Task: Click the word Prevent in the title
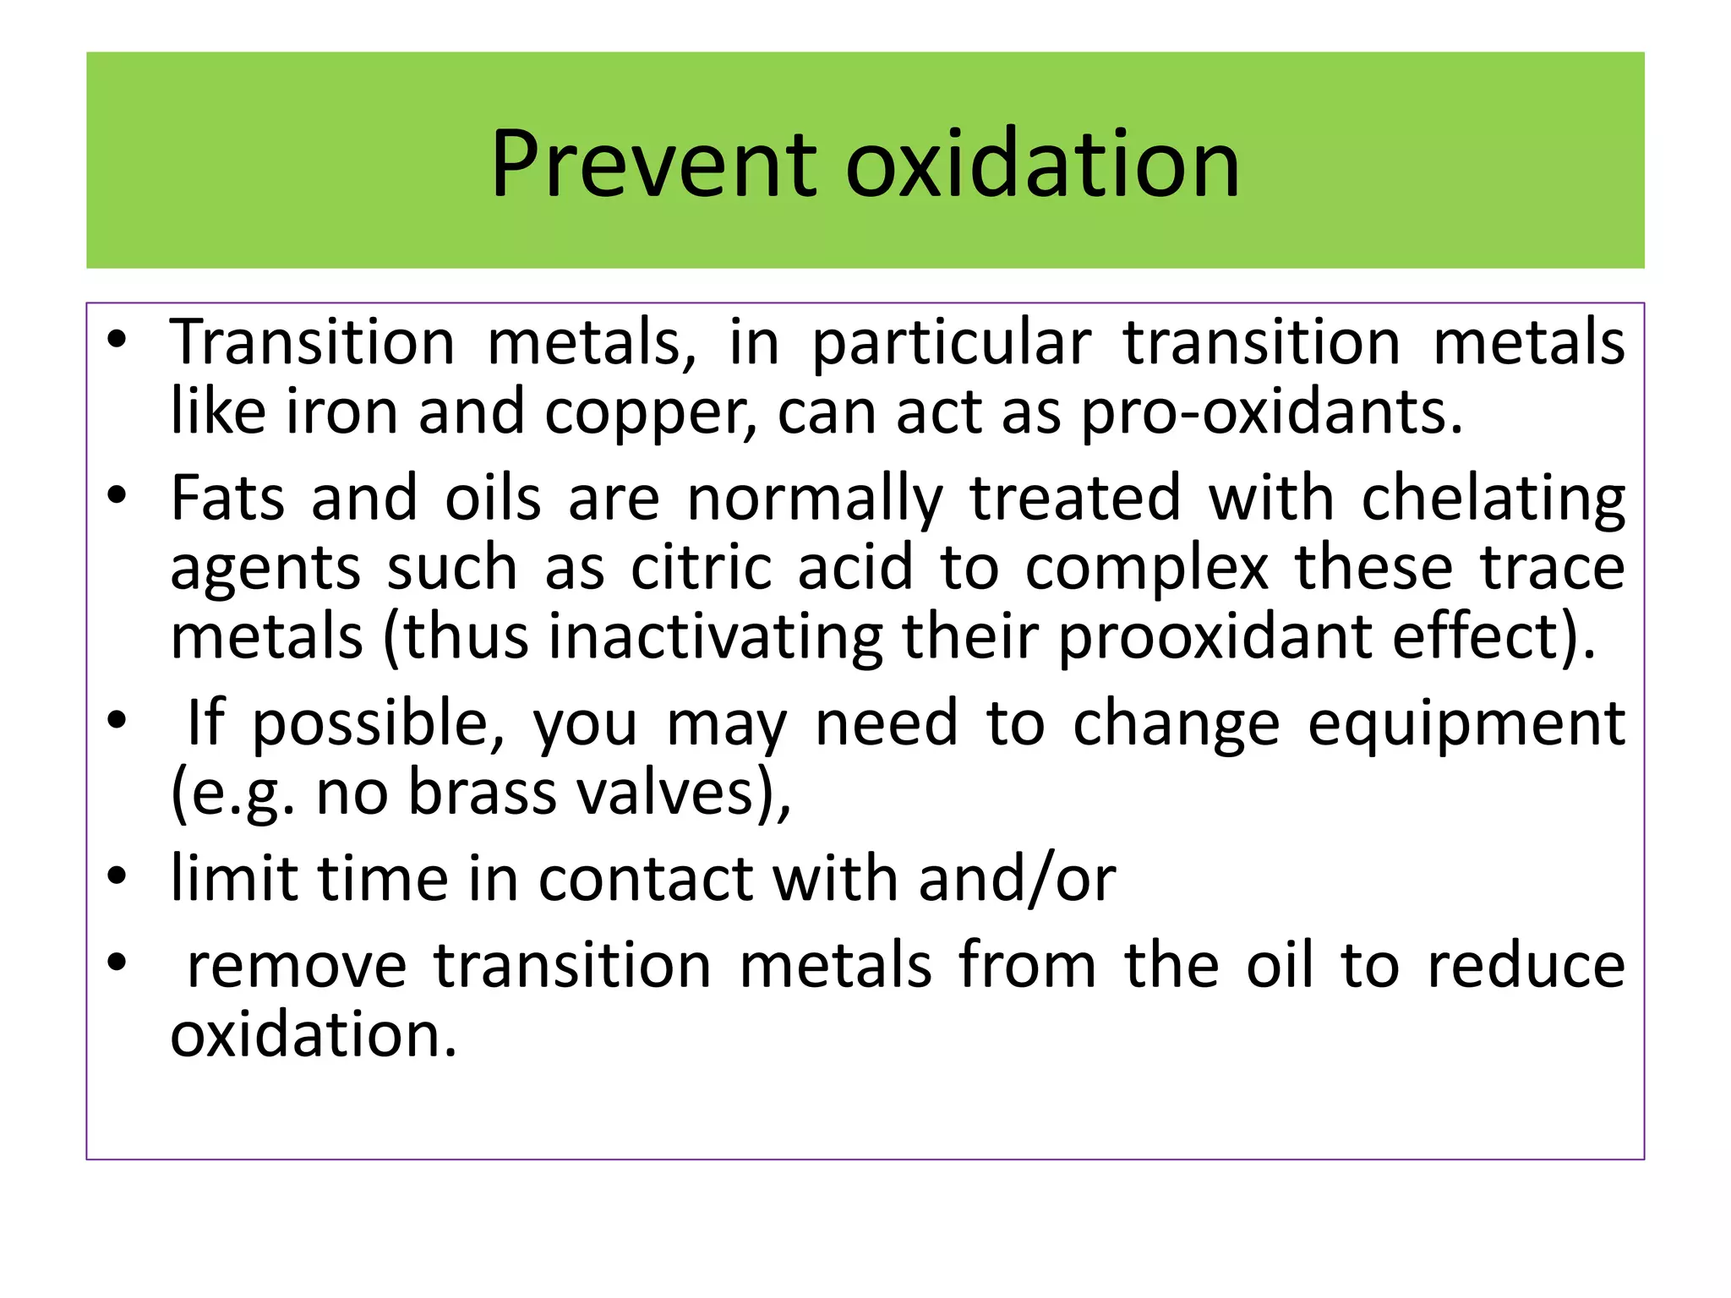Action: point(653,164)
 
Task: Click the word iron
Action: point(341,412)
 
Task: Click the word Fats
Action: point(227,498)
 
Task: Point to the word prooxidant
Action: point(1215,637)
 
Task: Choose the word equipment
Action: point(1466,725)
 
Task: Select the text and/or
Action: point(1017,880)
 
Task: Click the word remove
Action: point(297,966)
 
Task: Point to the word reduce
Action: point(1526,966)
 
